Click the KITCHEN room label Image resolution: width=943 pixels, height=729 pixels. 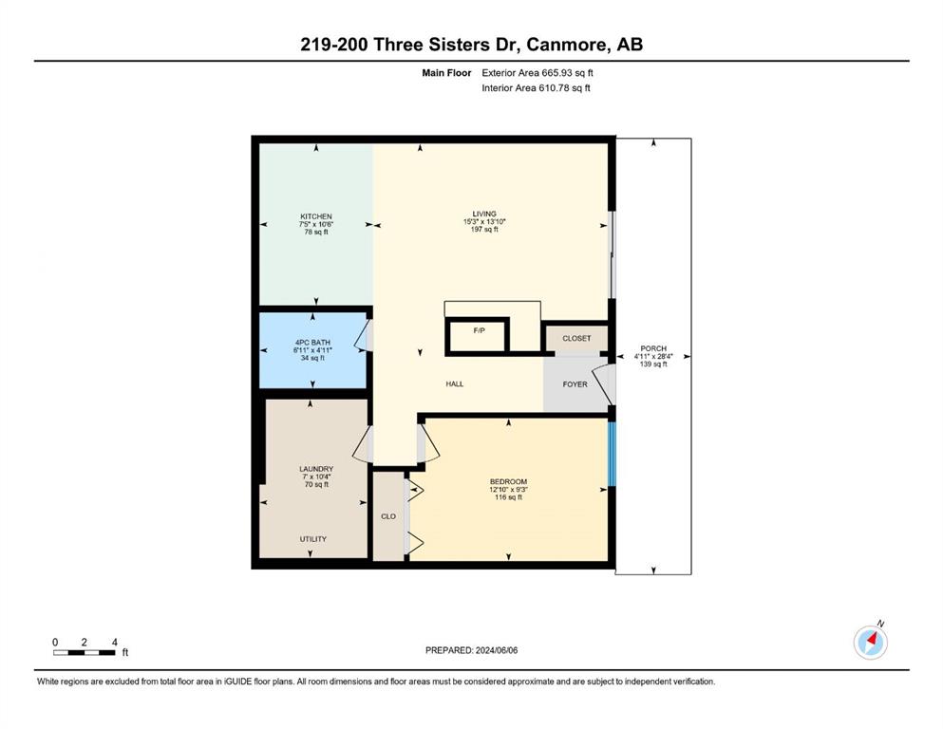316,216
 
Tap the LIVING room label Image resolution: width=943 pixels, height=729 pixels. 484,214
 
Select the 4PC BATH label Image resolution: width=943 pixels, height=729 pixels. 312,343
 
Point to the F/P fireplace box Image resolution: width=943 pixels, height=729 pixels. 479,335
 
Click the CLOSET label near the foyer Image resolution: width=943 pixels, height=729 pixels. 576,338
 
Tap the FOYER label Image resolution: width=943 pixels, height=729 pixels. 575,384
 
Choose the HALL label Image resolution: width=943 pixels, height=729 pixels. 455,384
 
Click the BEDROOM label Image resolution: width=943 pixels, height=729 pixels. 509,481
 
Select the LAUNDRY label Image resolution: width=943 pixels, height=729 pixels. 316,469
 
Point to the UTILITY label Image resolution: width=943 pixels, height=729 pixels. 313,539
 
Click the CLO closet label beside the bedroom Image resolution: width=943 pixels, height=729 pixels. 388,516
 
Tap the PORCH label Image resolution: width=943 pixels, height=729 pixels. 653,348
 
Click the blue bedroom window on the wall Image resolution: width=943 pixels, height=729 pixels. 613,453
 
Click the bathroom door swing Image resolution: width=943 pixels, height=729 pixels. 364,335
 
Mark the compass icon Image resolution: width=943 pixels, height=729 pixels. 871,643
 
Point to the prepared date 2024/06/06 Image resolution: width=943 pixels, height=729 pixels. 471,650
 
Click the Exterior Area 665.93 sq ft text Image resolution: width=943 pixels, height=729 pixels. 538,73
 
